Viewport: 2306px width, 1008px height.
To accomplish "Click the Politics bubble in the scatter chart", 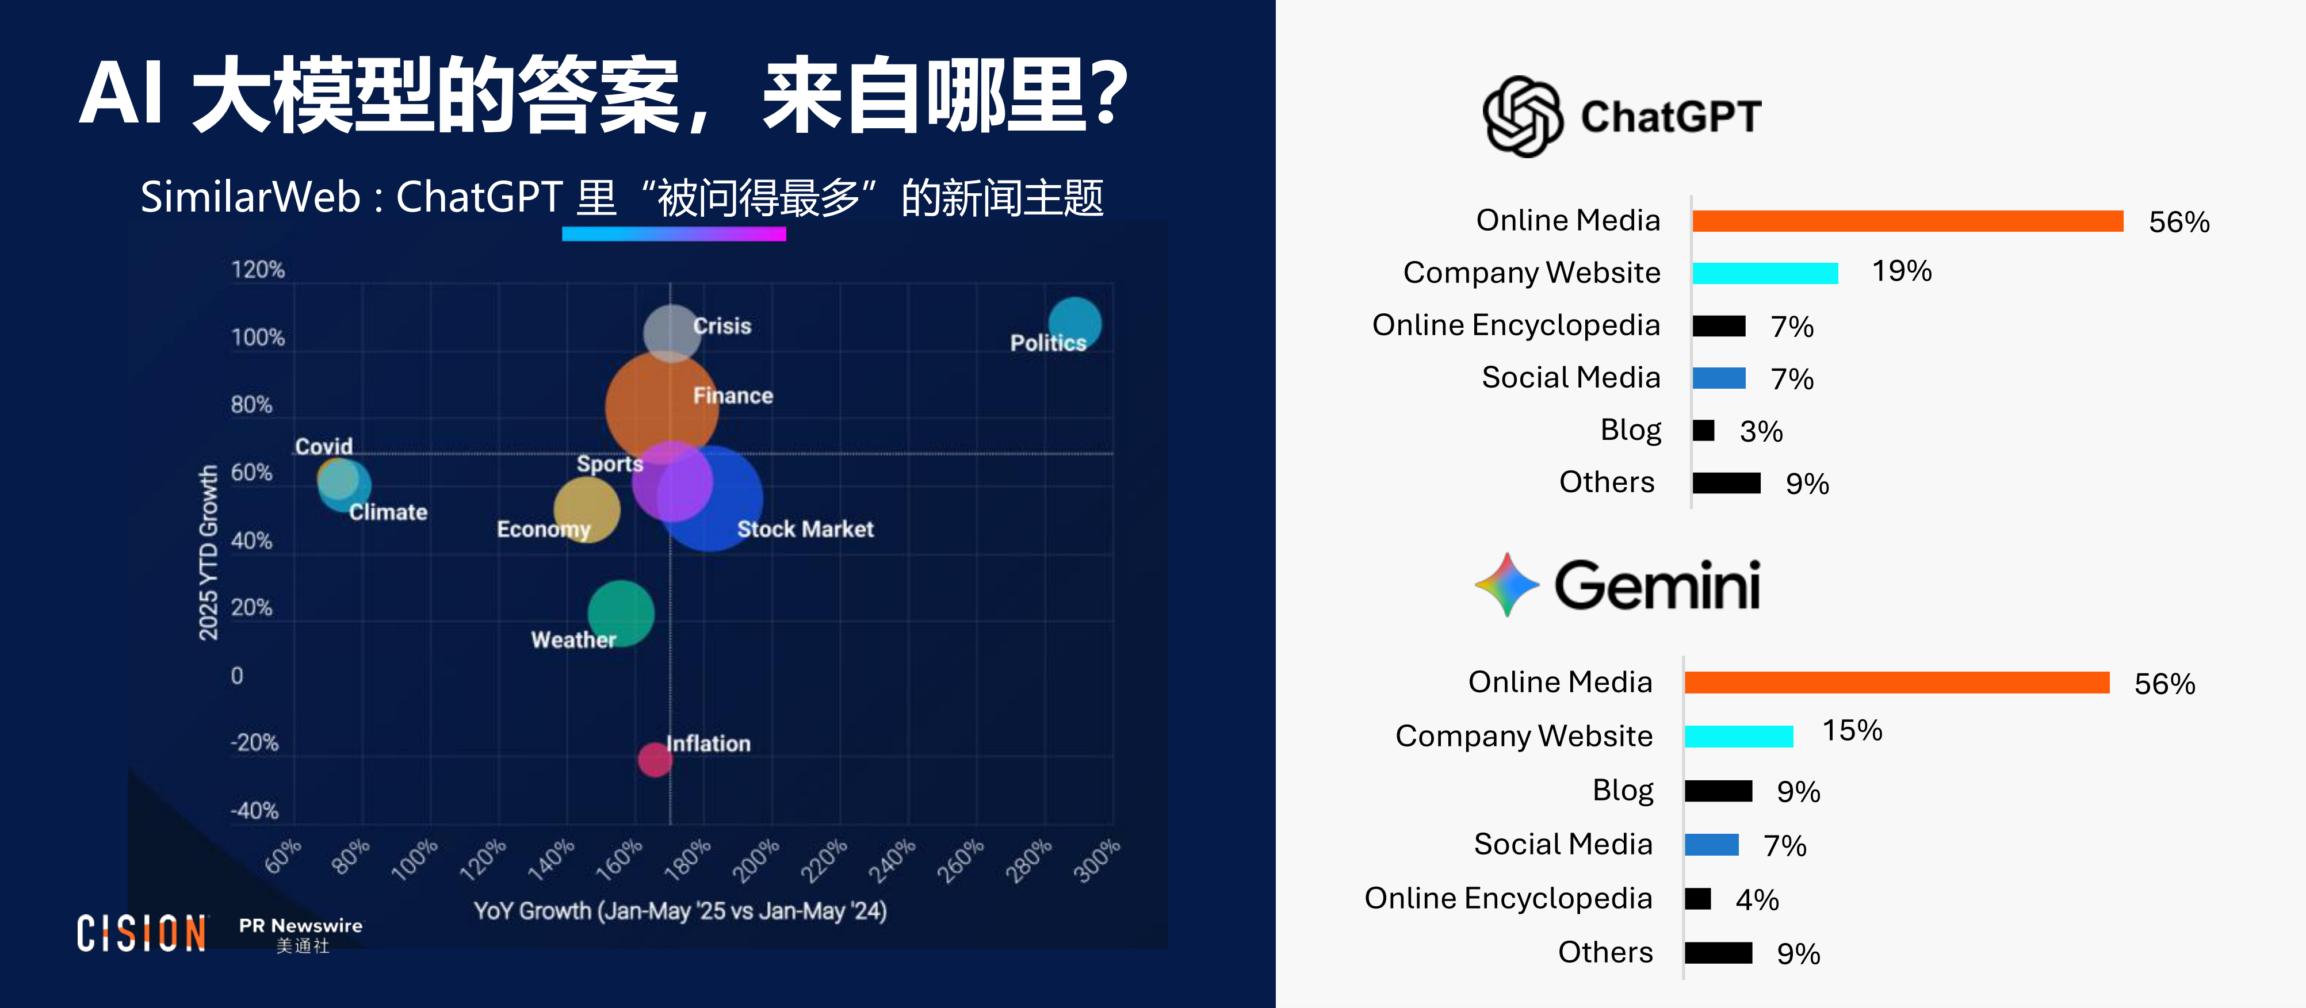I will pos(1074,323).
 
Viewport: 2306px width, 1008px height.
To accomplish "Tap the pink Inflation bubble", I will pos(655,759).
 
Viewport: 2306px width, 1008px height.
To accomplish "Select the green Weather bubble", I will pos(621,613).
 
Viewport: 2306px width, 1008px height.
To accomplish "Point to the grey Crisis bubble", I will pos(671,332).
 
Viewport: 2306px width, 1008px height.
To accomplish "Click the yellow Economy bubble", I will pos(586,509).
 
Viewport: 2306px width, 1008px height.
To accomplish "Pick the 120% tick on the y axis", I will pos(258,270).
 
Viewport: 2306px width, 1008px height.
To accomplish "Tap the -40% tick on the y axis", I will pos(254,810).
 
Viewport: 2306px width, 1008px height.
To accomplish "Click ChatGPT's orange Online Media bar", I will pos(1907,221).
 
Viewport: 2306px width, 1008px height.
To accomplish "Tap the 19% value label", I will pos(1902,270).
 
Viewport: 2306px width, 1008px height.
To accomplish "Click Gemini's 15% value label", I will pos(1852,730).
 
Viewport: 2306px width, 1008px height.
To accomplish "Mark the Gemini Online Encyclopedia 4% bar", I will pos(1697,898).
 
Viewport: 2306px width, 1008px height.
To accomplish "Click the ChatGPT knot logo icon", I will pos(1523,116).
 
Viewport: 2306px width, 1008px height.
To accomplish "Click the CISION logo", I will pos(142,934).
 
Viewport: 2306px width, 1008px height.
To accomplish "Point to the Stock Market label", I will pos(805,529).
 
